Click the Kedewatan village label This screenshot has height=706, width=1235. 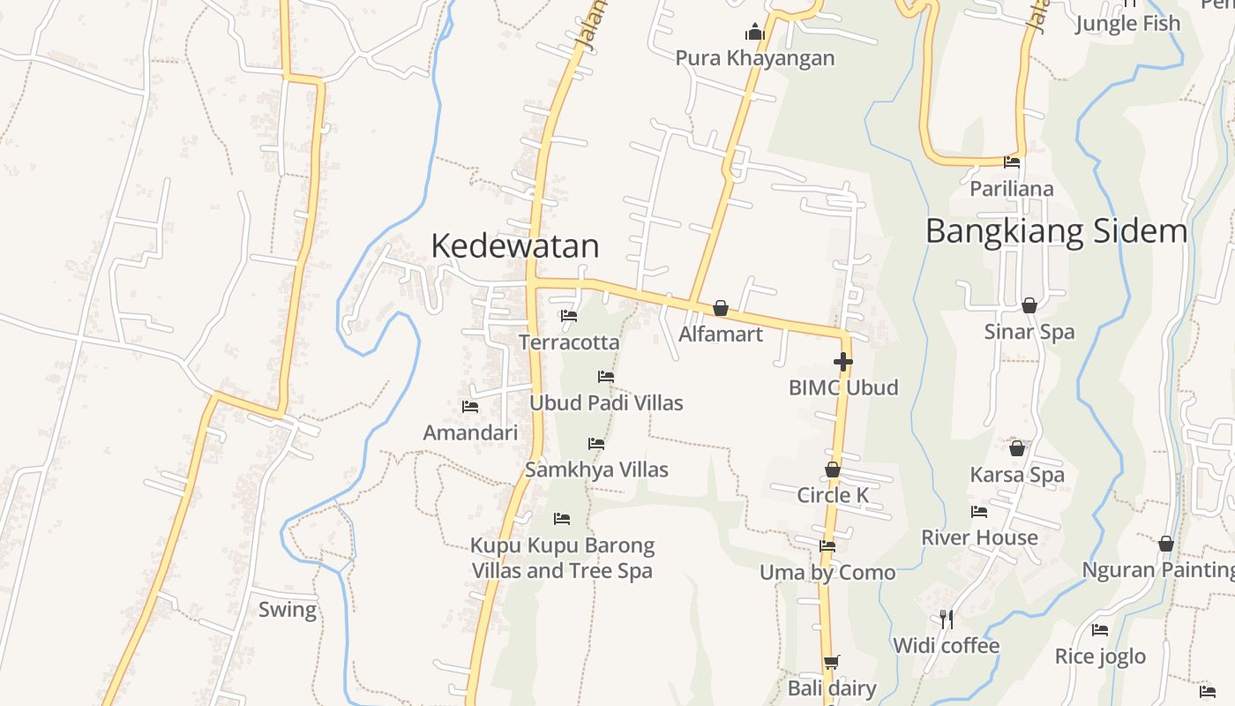(x=515, y=245)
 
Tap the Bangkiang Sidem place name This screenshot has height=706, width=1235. (x=1056, y=231)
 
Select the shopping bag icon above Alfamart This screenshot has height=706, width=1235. (x=721, y=308)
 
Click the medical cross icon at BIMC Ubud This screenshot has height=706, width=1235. (x=843, y=362)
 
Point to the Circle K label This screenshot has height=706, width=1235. (x=833, y=495)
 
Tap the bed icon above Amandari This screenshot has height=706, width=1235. (x=470, y=407)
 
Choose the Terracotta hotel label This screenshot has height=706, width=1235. (x=569, y=342)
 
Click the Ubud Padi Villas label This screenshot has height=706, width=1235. (x=606, y=403)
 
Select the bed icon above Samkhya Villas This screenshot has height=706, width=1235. (x=596, y=444)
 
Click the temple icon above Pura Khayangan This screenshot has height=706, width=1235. (x=754, y=34)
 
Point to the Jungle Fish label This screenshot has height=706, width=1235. (x=1127, y=24)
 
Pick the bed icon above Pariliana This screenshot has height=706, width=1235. (x=1012, y=162)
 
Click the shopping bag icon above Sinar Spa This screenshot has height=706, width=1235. (x=1029, y=306)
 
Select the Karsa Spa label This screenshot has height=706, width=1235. (x=1017, y=475)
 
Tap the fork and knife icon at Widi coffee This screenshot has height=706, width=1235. (x=947, y=619)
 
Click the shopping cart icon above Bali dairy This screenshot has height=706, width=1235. (x=831, y=662)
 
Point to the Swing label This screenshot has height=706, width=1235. (x=288, y=610)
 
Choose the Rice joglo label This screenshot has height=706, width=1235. (x=1100, y=657)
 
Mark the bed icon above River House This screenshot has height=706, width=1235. (x=979, y=512)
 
